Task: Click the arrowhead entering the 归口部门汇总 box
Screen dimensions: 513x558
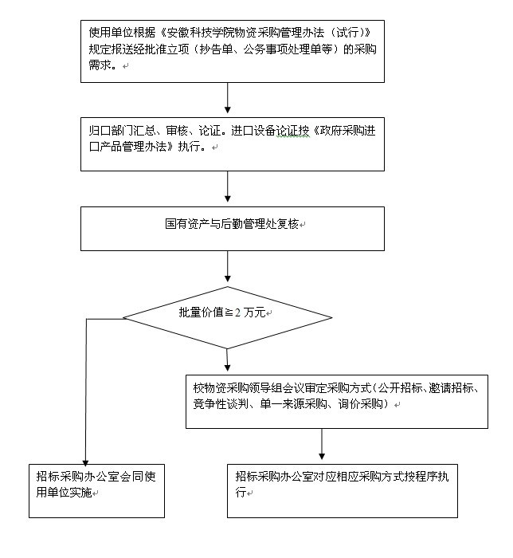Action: pos(228,110)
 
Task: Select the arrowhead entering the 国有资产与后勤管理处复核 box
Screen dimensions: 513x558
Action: pos(228,198)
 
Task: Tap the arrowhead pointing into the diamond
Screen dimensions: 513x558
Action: pos(228,278)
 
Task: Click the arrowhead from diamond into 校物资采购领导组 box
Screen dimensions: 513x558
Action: pos(228,367)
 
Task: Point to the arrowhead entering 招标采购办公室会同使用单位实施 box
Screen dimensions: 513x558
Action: pos(85,462)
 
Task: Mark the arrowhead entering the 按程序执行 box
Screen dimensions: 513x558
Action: pos(322,456)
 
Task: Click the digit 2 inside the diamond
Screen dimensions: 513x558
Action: pos(237,312)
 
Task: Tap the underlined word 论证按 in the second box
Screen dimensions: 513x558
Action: pos(293,131)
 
